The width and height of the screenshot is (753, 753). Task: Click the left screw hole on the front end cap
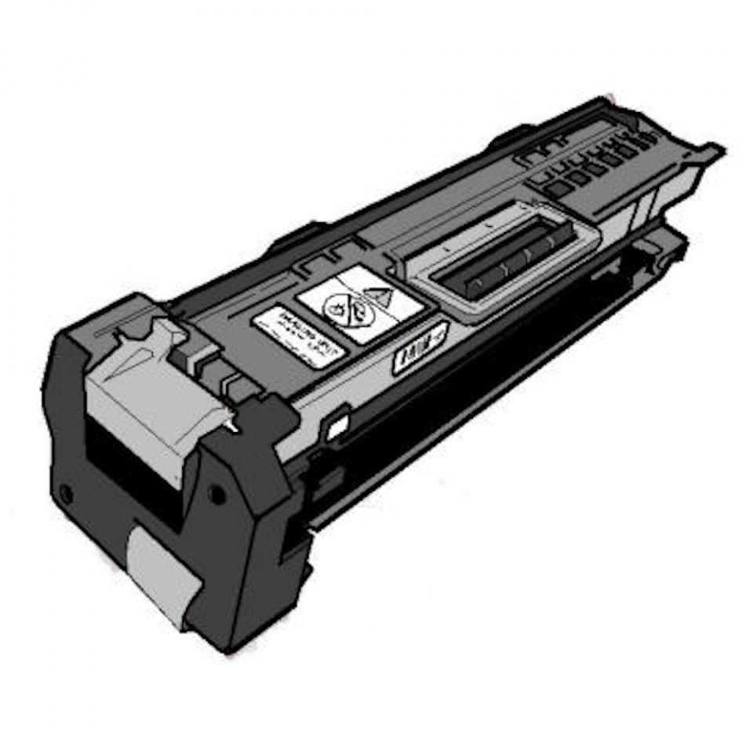coord(67,495)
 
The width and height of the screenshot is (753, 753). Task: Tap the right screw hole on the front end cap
coord(216,495)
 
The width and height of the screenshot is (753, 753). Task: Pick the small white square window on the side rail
coord(337,428)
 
